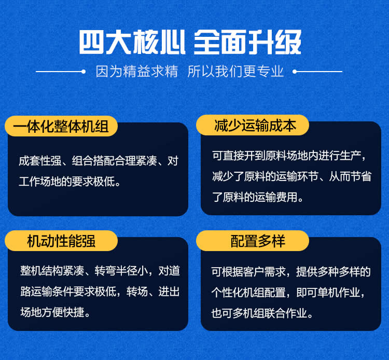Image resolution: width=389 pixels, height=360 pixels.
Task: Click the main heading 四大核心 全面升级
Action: [x=190, y=42]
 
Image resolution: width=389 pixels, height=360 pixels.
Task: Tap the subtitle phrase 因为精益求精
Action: [x=137, y=72]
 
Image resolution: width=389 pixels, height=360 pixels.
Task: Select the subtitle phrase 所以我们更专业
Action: [x=235, y=72]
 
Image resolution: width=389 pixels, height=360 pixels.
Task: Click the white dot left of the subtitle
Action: [x=84, y=72]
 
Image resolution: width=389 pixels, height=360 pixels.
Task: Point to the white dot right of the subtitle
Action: [x=295, y=72]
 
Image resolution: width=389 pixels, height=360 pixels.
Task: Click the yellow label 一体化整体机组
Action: [x=61, y=126]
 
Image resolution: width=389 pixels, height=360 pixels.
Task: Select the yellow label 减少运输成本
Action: [x=253, y=125]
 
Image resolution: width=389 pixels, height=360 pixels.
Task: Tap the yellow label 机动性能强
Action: [x=61, y=241]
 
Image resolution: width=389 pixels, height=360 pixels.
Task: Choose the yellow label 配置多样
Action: [x=253, y=241]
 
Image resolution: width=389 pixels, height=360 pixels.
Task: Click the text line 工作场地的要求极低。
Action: [x=70, y=182]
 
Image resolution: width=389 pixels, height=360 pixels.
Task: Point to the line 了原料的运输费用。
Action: [x=258, y=197]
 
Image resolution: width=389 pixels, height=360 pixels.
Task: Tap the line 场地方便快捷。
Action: [x=55, y=312]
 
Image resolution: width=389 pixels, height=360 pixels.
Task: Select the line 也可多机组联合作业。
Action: [x=262, y=313]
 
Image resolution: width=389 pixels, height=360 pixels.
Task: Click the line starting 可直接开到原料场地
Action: [x=289, y=156]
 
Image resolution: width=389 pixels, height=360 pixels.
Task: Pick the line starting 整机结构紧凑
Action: [x=100, y=271]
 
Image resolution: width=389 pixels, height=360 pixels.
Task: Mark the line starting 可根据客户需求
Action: [x=291, y=272]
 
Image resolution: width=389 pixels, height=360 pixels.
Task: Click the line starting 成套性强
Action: [x=99, y=161]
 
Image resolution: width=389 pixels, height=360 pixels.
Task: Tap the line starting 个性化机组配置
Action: [x=288, y=293]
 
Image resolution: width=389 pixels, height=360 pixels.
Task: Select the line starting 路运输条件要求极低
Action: [x=100, y=292]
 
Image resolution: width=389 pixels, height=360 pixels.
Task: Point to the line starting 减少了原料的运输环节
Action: [x=291, y=177]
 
